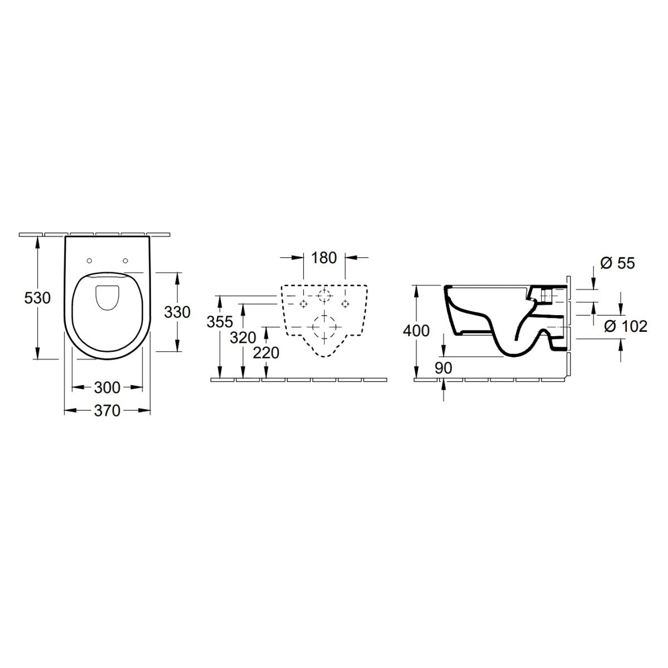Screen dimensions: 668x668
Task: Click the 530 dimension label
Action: point(37,298)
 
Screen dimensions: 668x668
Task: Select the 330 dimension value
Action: point(178,312)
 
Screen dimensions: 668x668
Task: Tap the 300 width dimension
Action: point(107,387)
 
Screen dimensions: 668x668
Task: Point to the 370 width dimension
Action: point(107,411)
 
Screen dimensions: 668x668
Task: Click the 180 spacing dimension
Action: point(324,258)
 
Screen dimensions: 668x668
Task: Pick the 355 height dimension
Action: point(219,322)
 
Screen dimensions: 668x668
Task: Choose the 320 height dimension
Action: point(243,337)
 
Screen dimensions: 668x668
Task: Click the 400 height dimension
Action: point(416,331)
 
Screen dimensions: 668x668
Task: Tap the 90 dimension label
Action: point(443,367)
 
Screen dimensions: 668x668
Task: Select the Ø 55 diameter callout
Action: point(617,263)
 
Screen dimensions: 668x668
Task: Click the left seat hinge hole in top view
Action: point(89,260)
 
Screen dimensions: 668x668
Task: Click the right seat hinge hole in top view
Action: point(126,260)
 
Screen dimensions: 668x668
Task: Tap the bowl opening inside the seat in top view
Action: point(107,297)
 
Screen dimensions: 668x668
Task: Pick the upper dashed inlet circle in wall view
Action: point(324,295)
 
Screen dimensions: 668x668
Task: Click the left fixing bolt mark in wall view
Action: point(303,303)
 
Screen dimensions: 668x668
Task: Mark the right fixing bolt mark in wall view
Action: point(345,303)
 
